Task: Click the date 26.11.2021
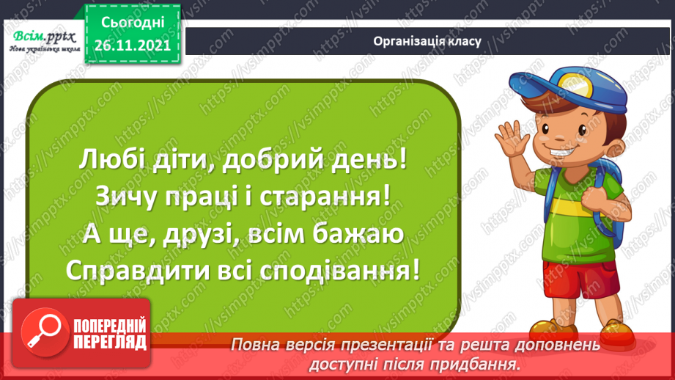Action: click(133, 44)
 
